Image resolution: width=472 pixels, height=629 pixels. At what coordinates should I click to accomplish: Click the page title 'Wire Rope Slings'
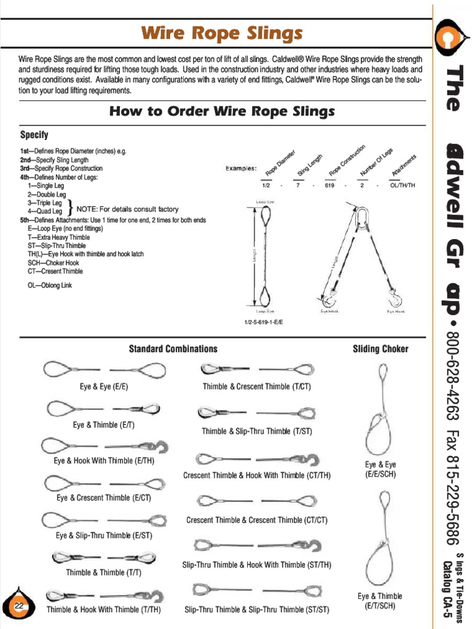(222, 33)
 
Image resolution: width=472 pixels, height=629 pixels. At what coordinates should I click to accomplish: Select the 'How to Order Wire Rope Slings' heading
(222, 112)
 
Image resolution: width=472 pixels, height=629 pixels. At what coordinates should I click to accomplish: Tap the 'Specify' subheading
(34, 135)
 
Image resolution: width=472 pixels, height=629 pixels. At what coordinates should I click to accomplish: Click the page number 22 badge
(19, 606)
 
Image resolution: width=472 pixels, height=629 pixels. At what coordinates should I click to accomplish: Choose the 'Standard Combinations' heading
(173, 349)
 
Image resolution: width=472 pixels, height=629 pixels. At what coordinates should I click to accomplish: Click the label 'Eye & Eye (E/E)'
(104, 387)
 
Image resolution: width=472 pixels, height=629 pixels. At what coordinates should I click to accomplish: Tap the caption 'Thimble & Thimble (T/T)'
(103, 572)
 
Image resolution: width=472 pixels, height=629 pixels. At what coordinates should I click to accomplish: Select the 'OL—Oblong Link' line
(50, 285)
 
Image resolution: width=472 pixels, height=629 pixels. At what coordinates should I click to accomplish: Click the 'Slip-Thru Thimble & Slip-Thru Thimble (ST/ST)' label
(257, 610)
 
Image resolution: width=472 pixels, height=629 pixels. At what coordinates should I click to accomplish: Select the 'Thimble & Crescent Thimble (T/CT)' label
(257, 387)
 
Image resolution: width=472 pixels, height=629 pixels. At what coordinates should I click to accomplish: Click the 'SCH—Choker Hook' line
(53, 263)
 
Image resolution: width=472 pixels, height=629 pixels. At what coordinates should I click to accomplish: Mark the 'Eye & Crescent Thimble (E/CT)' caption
(104, 498)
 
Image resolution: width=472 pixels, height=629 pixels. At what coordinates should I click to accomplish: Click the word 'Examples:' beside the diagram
(241, 168)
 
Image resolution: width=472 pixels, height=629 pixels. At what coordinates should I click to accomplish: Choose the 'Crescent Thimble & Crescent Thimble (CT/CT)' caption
(257, 520)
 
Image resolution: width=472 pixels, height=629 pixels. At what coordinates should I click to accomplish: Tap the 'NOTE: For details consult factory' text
(127, 209)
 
